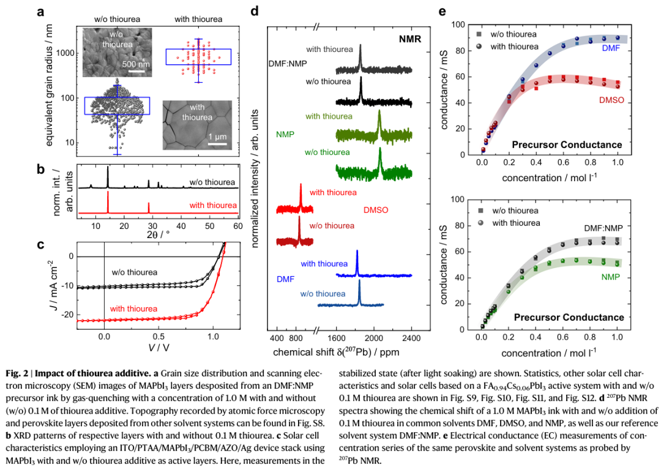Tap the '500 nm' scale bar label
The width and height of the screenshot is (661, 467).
point(136,64)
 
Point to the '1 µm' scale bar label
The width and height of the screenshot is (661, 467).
point(217,135)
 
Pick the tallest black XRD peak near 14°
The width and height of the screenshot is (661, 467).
point(108,167)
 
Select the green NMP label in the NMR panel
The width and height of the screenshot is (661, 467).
point(286,134)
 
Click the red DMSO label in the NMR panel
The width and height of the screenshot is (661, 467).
point(376,210)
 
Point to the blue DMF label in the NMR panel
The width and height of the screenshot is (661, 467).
point(286,278)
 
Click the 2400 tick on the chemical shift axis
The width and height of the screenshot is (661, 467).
point(411,337)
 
